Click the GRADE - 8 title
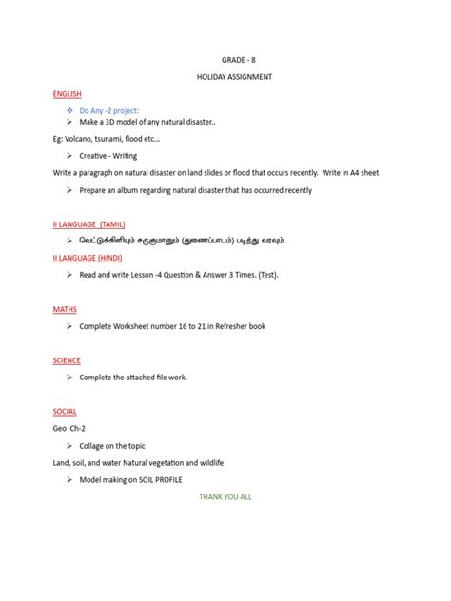coord(225,59)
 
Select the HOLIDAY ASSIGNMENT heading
coord(225,76)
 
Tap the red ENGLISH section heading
coord(68,93)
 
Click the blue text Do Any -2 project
coord(109,110)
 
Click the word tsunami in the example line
coord(113,138)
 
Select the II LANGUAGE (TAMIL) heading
coord(89,224)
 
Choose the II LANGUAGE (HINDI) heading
coord(88,257)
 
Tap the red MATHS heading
coord(66,309)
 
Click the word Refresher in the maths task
coord(226,326)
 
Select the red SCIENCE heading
coord(68,360)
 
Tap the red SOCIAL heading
coord(66,412)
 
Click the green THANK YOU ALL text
coord(225,496)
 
